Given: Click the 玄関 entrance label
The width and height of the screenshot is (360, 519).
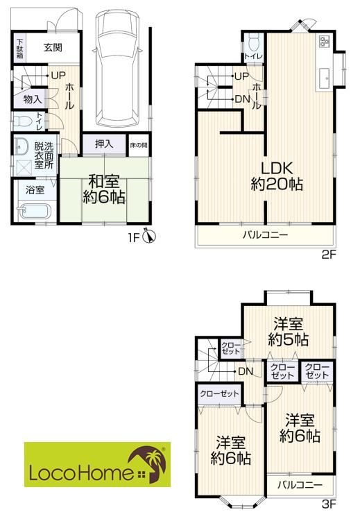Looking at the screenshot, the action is coord(53,47).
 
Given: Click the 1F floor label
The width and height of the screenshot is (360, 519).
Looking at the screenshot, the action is coord(134,238).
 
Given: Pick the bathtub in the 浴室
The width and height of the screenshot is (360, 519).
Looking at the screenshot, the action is coord(34,212).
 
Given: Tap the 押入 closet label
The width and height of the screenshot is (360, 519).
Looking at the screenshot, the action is coord(104,144).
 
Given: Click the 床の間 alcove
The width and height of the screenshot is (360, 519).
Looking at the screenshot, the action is coord(139,144).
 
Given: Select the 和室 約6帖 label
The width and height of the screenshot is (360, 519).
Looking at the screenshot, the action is coord(104,189).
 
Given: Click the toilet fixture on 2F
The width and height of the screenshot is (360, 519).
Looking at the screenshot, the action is coord(254,42).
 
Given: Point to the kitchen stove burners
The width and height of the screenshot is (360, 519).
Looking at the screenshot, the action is coord(324,40).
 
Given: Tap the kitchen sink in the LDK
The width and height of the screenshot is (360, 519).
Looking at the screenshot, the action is coord(324,78).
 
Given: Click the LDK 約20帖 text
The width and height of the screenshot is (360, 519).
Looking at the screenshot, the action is coord(277,176).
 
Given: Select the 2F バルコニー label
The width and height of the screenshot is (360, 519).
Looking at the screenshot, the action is coord(266,235).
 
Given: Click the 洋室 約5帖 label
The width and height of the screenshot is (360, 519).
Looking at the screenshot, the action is coord(289,332).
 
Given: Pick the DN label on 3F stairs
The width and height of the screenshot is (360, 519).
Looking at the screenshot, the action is coord(246,371).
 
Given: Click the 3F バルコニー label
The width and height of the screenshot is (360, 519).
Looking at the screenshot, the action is coord(300,485).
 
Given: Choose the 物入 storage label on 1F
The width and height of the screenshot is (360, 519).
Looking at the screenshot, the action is coord(33,99).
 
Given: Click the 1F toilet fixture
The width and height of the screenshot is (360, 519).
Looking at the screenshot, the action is coord(22,121).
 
